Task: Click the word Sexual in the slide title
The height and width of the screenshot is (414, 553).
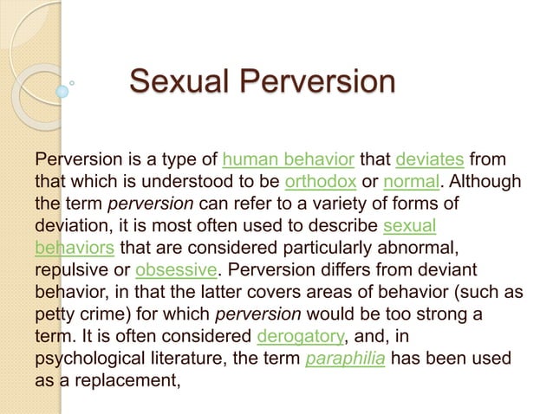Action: pos(177,84)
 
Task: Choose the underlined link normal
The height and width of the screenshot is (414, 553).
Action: pos(411,183)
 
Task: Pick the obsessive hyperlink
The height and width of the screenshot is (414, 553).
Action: pos(176,268)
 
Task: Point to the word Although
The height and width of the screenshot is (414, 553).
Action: pos(486,183)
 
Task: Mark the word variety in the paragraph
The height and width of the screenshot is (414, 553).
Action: pos(335,204)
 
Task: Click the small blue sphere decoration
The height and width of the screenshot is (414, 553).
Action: pos(62,90)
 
